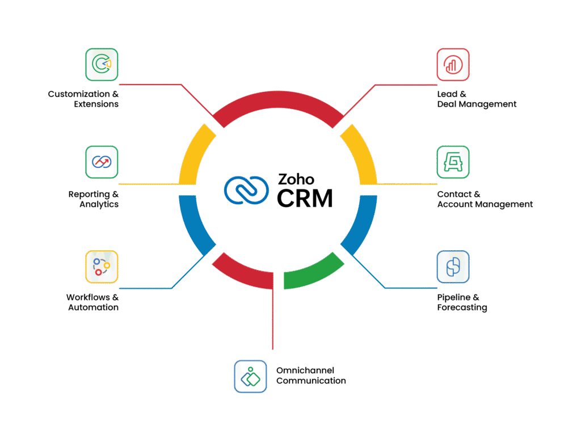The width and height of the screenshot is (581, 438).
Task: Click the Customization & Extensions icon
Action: pos(102,64)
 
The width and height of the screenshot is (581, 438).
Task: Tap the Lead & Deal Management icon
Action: pos(453,64)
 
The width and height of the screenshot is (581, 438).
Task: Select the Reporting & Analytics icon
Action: pos(102,162)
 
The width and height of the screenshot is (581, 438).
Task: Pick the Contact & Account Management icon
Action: pos(453,162)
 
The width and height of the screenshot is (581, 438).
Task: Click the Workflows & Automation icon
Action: pos(102,267)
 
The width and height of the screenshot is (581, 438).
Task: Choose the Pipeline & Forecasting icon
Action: pos(453,267)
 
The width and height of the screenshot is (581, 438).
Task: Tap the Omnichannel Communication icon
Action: pos(250,376)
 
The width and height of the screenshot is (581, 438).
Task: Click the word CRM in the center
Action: pos(305,198)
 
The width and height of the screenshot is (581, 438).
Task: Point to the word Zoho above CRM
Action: pos(295,180)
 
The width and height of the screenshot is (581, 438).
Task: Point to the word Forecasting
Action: pos(462,308)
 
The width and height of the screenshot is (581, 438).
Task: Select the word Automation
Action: pos(94,308)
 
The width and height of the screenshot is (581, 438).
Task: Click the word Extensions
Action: pos(96,104)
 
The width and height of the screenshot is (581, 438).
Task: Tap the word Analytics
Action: pos(99,204)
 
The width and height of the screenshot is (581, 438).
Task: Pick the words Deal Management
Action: pos(477,104)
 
